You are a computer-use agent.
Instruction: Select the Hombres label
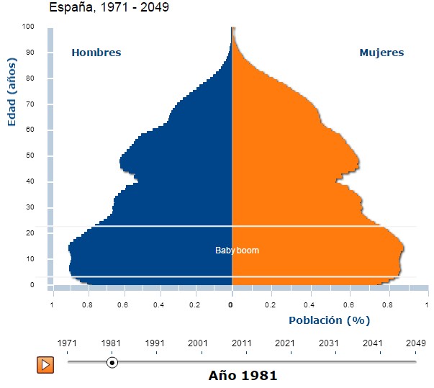(96, 53)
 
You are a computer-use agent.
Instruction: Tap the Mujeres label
(381, 53)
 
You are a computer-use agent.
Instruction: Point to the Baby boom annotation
(237, 251)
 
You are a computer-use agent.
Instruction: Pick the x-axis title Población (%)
(329, 320)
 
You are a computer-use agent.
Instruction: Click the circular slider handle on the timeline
(112, 362)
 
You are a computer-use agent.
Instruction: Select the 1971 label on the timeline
(68, 343)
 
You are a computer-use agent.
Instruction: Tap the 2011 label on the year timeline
(242, 343)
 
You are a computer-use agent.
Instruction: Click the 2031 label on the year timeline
(329, 343)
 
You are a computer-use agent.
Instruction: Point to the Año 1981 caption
(243, 375)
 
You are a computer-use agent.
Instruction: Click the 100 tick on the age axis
(28, 27)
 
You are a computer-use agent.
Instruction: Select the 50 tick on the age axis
(30, 155)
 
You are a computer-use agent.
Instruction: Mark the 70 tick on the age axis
(30, 104)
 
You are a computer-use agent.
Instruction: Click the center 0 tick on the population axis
(231, 305)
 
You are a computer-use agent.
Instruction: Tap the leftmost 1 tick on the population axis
(52, 305)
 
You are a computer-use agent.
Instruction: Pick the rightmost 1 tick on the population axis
(428, 305)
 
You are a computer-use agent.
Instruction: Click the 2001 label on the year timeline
(198, 343)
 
